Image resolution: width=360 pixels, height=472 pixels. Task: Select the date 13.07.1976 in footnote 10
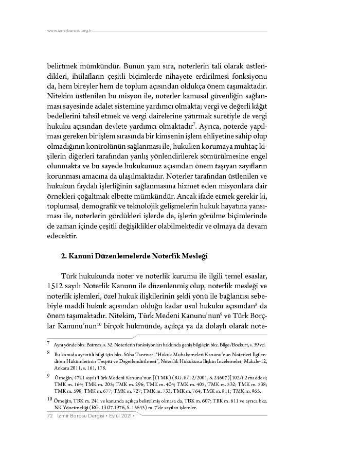coord(114,408)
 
